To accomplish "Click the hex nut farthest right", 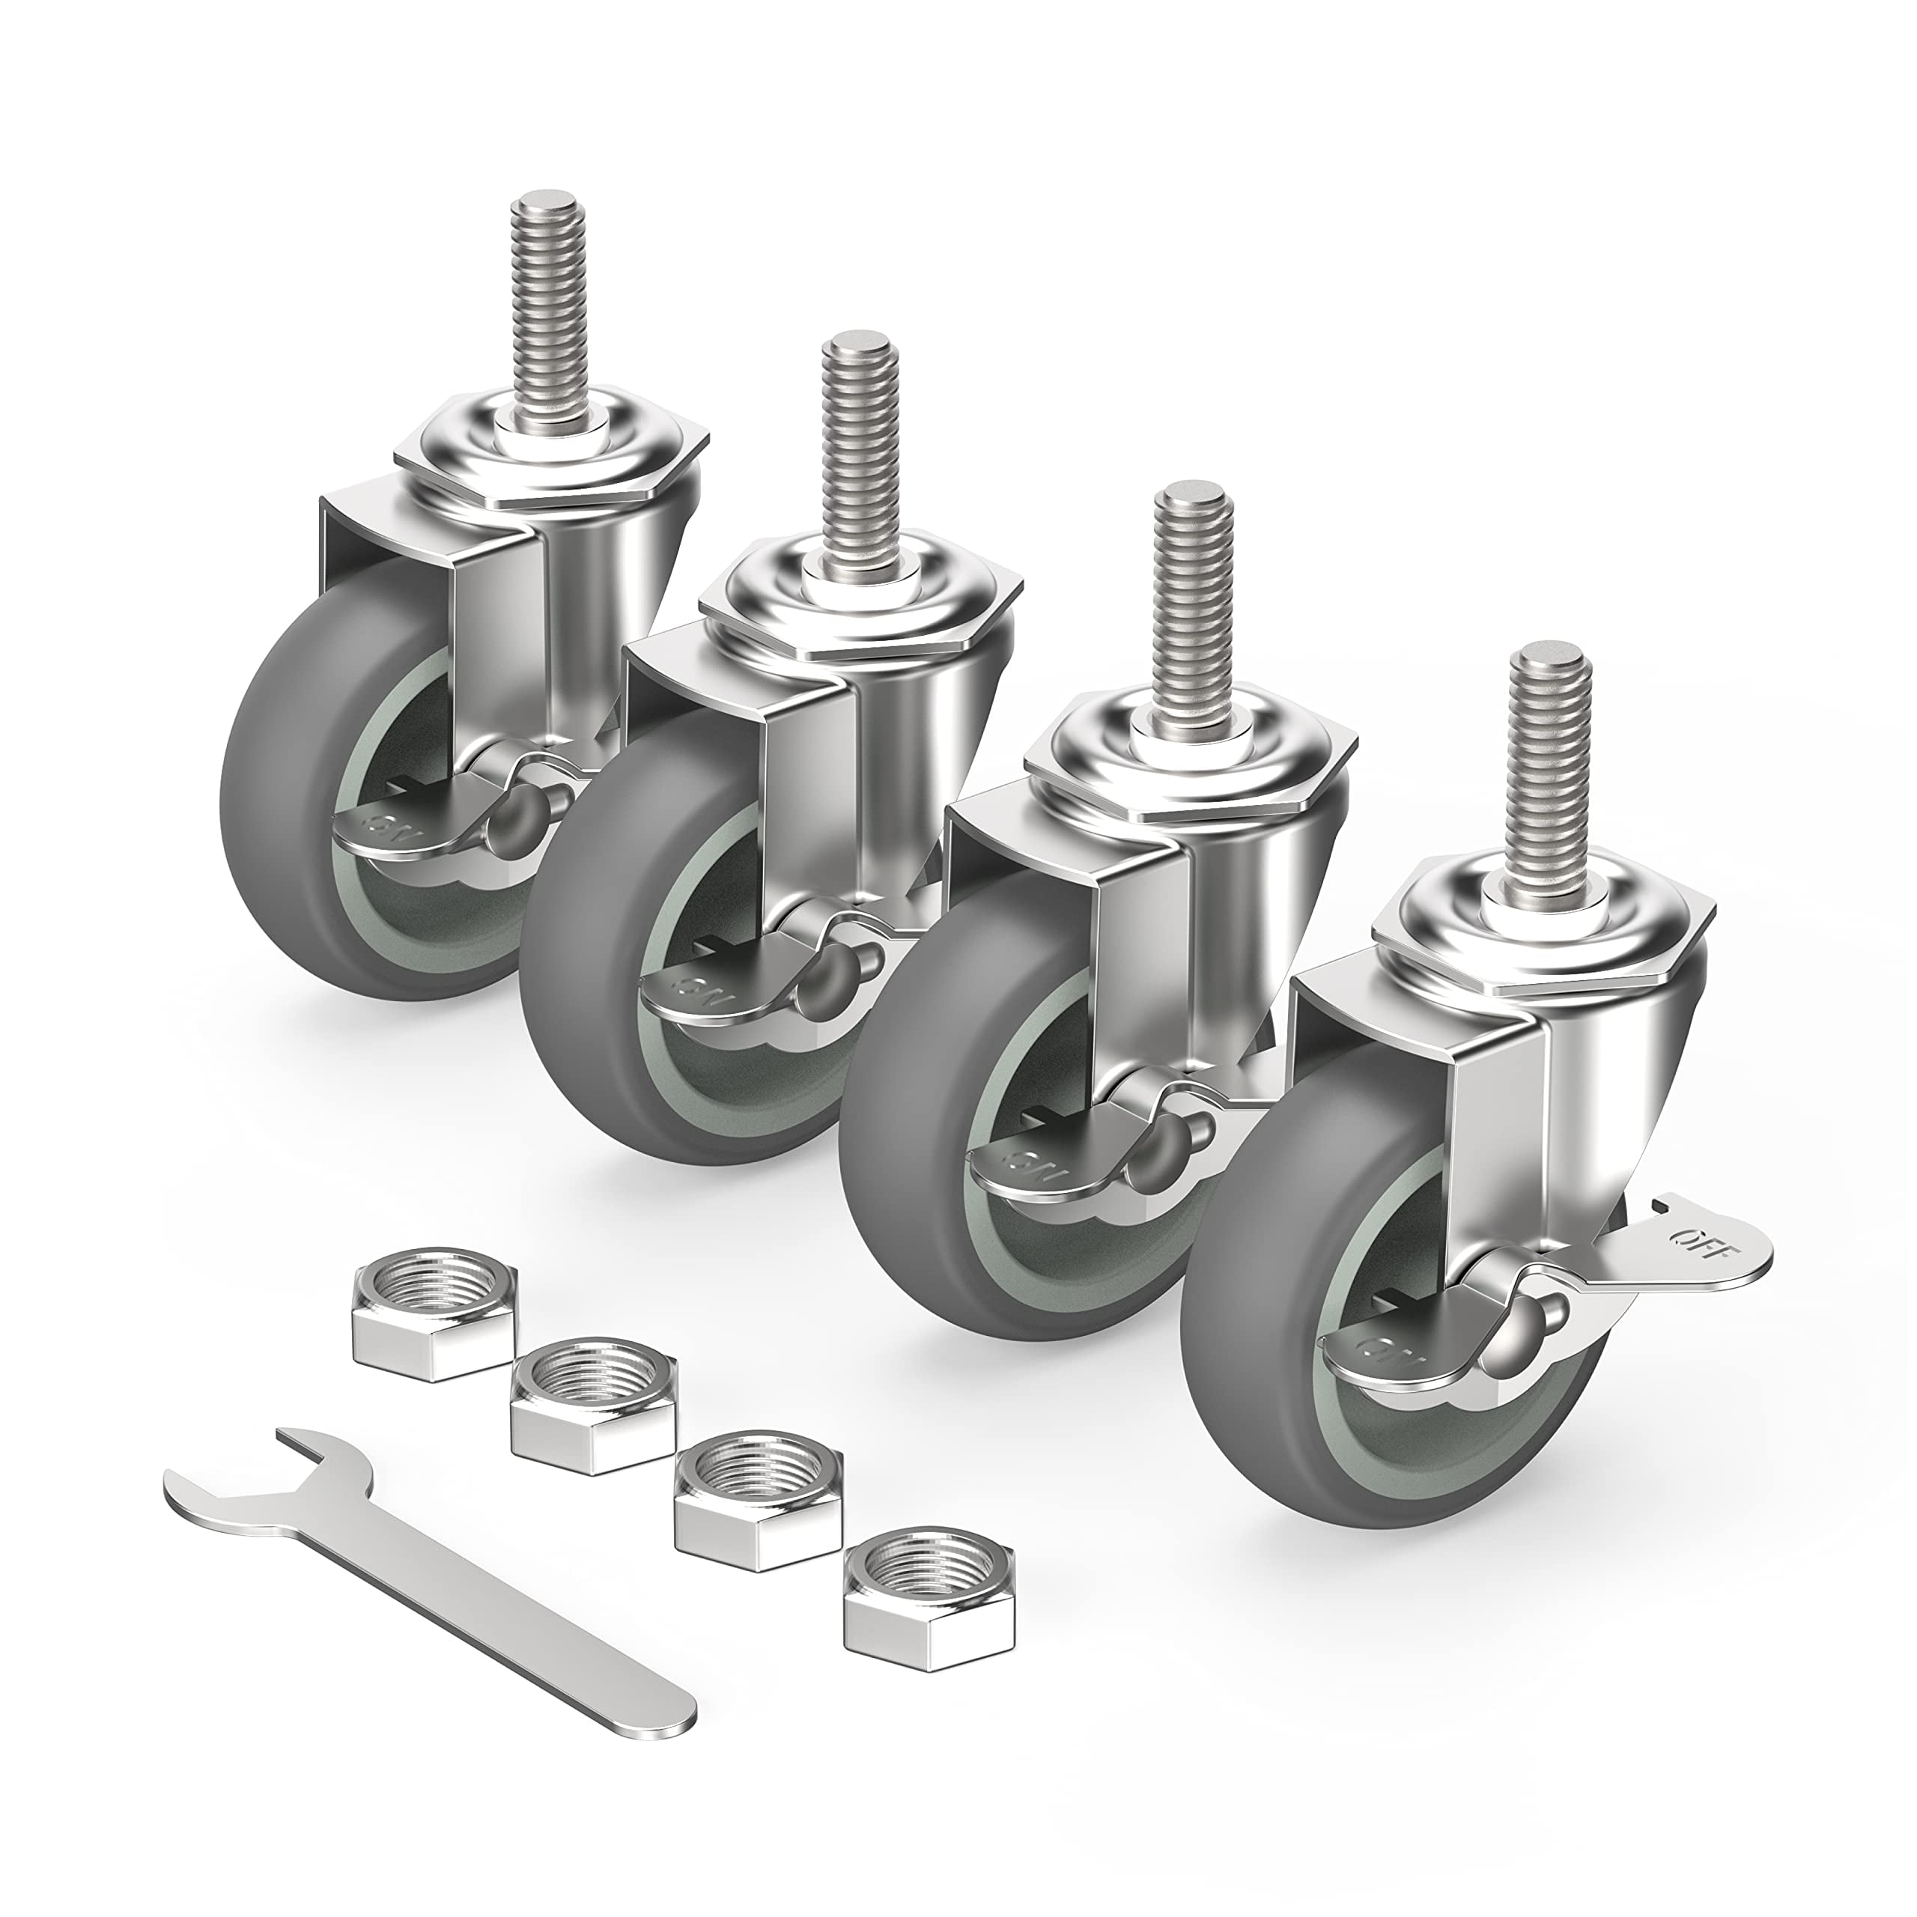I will (931, 1563).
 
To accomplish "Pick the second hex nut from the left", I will (593, 1407).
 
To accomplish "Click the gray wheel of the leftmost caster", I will (288, 784).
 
